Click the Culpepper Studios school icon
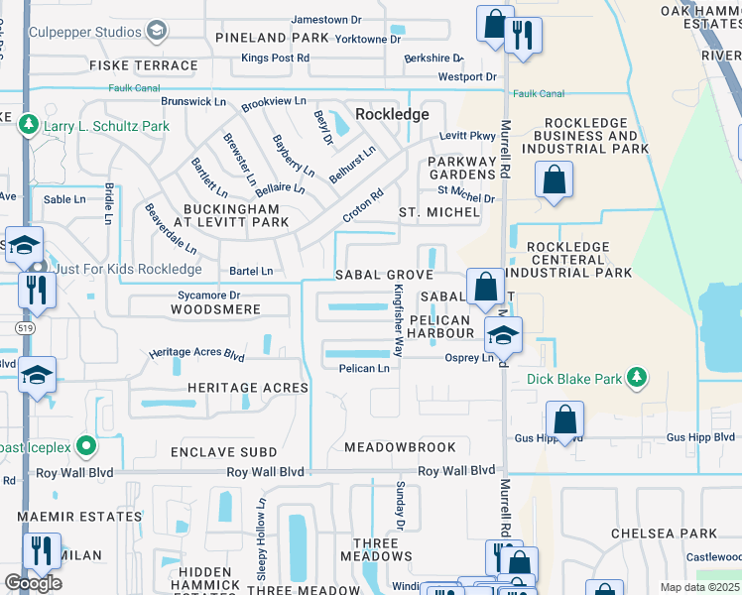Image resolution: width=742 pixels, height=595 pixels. click(x=156, y=32)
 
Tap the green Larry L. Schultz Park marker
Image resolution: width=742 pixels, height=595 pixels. click(x=29, y=126)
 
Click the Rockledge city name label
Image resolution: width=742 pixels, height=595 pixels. click(x=392, y=114)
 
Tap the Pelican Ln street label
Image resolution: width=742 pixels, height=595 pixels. click(x=363, y=368)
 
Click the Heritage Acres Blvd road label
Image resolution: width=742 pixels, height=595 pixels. click(x=196, y=353)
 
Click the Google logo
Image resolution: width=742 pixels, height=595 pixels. click(x=33, y=583)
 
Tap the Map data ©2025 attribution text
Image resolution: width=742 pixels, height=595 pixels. click(x=698, y=587)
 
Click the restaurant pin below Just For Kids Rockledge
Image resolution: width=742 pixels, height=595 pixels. click(x=37, y=290)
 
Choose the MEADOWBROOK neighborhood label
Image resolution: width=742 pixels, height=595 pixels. click(x=400, y=447)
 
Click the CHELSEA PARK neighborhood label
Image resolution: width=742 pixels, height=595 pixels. click(x=664, y=534)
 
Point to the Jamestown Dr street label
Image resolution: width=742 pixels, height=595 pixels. click(x=333, y=20)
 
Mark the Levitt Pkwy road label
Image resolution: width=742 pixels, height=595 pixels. click(x=467, y=136)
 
